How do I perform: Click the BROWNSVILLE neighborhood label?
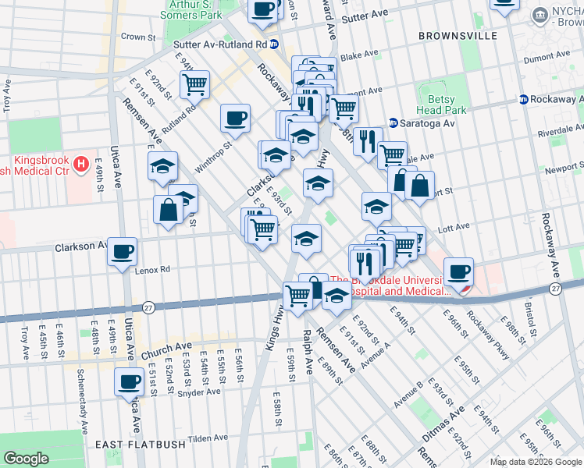(x=458, y=36)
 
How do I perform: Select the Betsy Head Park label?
(x=447, y=105)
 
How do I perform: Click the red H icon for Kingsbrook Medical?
(x=81, y=165)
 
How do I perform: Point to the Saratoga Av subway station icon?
(x=393, y=123)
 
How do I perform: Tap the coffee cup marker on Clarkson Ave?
(x=123, y=252)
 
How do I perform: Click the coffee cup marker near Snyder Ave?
(x=129, y=382)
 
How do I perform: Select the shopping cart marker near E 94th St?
(x=194, y=83)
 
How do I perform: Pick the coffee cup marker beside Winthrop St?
(x=235, y=119)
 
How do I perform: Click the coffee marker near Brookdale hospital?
(x=458, y=271)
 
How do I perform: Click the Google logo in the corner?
(x=26, y=459)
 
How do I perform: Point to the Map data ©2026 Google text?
(x=536, y=462)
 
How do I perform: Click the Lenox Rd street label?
(x=151, y=270)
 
